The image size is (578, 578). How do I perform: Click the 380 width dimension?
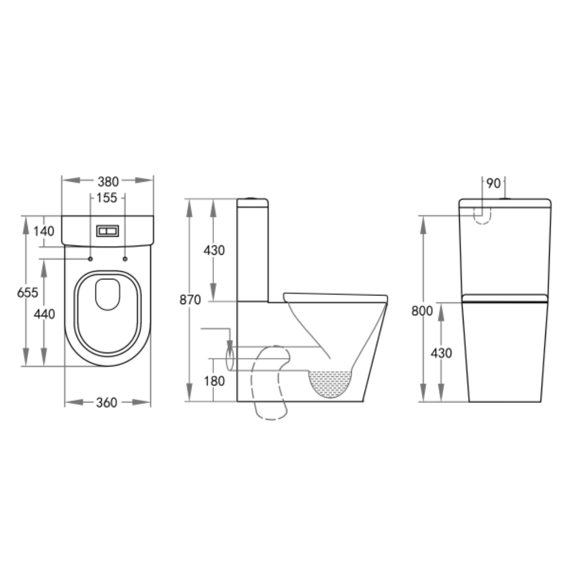(x=108, y=181)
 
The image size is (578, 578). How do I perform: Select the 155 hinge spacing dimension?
(x=107, y=198)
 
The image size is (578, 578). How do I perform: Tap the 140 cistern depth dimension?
(x=44, y=231)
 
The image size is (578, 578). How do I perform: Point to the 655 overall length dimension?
(x=28, y=293)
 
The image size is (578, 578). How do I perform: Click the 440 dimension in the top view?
(x=44, y=314)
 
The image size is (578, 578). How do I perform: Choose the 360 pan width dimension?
(x=107, y=403)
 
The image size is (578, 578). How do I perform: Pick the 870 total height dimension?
(x=190, y=300)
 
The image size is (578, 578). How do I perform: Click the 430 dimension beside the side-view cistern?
(x=214, y=250)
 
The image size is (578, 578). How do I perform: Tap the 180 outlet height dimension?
(x=214, y=381)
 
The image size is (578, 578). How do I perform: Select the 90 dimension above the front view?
(x=493, y=183)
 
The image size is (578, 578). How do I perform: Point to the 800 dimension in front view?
(x=422, y=310)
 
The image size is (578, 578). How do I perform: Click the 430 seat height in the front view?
(x=441, y=353)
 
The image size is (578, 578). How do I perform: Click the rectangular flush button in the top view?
(x=108, y=231)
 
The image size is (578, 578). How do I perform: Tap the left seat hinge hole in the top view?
(x=90, y=259)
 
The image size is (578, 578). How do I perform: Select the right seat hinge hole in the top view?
(x=125, y=259)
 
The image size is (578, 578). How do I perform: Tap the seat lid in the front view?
(x=505, y=298)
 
